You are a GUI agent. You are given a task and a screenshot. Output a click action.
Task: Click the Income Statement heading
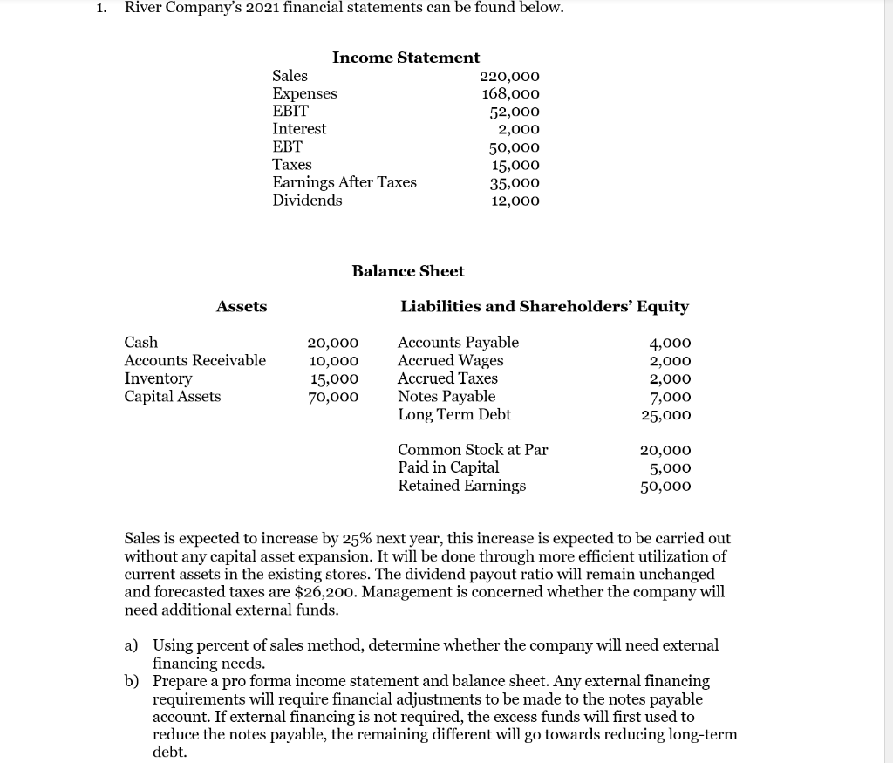[x=406, y=58]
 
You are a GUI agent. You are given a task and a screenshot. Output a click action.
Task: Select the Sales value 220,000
[x=510, y=76]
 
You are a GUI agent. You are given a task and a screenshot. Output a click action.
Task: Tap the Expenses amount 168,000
[x=510, y=93]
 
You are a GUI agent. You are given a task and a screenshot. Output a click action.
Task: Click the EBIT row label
[x=290, y=111]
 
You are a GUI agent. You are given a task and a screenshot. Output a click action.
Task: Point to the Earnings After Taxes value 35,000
[x=514, y=183]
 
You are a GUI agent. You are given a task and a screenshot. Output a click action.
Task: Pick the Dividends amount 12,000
[x=514, y=201]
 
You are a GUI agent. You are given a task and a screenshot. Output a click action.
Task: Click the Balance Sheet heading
[x=407, y=271]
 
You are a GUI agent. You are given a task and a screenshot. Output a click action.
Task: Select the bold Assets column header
[x=242, y=307]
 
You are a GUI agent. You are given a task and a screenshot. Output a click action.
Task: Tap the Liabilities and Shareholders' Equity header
[x=544, y=307]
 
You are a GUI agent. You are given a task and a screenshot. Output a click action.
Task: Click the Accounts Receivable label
[x=195, y=360]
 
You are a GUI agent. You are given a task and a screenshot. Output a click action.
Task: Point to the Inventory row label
[x=158, y=378]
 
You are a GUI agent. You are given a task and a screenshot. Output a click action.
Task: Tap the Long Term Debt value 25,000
[x=666, y=415]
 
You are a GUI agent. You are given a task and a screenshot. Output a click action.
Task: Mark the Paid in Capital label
[x=448, y=467]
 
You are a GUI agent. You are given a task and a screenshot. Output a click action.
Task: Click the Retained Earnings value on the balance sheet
[x=666, y=486]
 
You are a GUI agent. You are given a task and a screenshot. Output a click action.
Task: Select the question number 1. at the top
[x=102, y=8]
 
